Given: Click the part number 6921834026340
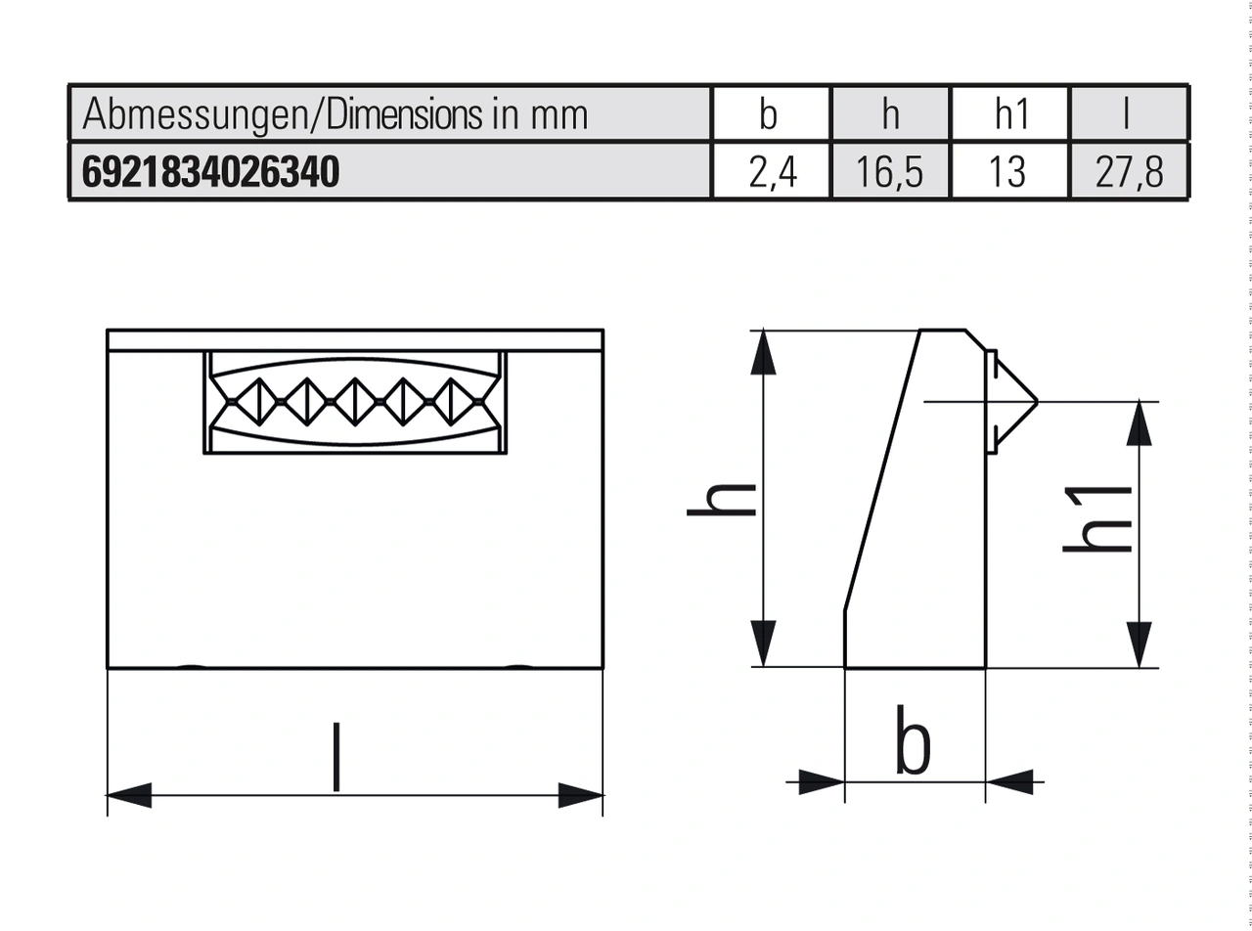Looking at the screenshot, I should tap(210, 172).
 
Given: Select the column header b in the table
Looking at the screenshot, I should tap(769, 114).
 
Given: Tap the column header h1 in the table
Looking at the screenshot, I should tap(1011, 114).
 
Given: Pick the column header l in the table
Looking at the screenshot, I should tap(1129, 114).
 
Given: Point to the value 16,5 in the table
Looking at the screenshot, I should tap(890, 172).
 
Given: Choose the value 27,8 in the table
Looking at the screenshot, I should tap(1130, 172).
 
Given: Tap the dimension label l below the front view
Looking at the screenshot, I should tap(336, 757).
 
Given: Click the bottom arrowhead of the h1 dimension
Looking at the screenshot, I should tap(1139, 644).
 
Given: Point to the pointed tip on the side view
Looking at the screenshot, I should tap(1035, 401).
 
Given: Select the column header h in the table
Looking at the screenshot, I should tap(890, 114).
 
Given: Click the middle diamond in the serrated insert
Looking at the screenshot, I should tap(354, 401).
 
